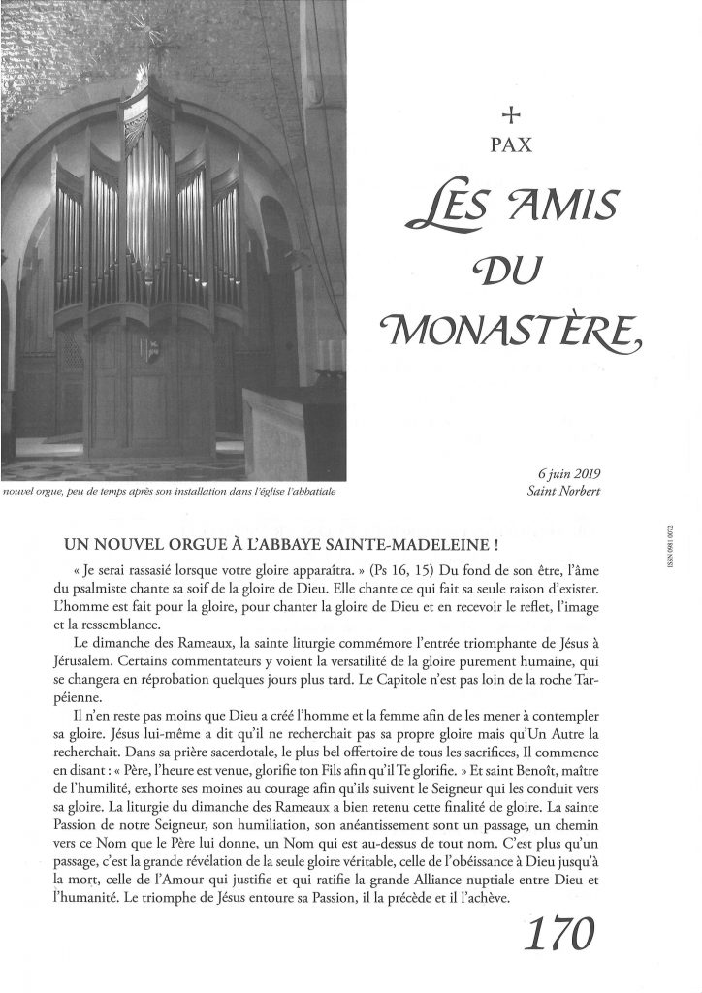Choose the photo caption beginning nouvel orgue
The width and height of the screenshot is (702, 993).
pos(171,492)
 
